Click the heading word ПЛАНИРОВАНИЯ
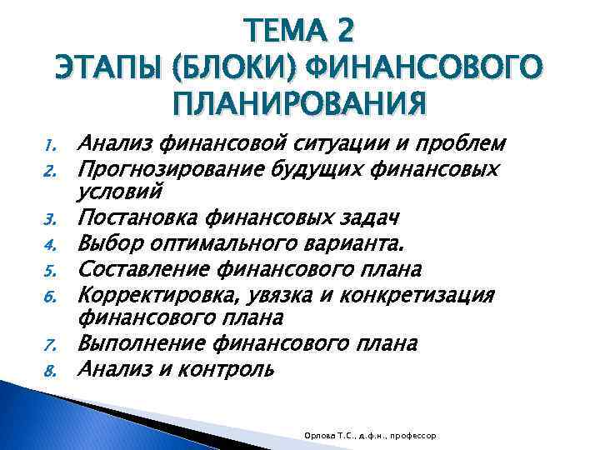[x=300, y=103]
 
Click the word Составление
[x=137, y=269]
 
